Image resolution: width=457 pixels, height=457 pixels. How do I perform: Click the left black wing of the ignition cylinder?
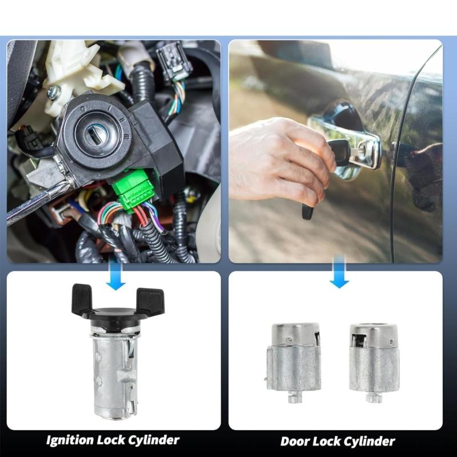tap(82, 298)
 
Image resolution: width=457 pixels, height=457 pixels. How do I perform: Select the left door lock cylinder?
tap(294, 360)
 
